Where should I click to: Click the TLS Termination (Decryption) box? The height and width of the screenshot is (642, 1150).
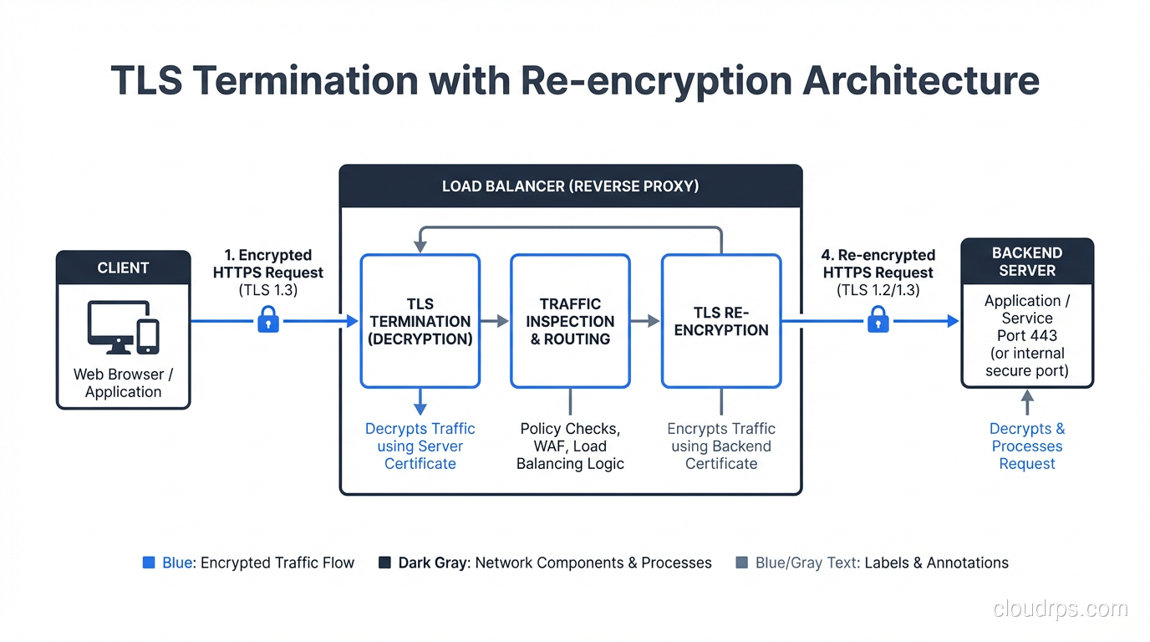pos(420,321)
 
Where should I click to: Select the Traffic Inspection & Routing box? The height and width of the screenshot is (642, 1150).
pos(570,321)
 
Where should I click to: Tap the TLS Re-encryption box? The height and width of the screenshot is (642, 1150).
pos(720,321)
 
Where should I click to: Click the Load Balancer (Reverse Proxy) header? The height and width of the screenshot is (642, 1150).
pos(570,186)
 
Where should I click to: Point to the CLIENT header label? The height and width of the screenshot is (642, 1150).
pos(123,267)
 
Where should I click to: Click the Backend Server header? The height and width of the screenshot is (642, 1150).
pos(1026,262)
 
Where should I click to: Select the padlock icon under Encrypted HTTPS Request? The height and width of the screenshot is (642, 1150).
pos(267,319)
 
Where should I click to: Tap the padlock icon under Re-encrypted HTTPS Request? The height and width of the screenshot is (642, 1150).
pos(878,319)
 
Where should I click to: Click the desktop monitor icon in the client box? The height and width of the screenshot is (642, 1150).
pos(117,327)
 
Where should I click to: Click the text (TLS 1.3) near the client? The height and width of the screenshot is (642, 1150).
pos(267,290)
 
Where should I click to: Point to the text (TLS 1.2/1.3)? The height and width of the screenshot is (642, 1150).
pos(878,290)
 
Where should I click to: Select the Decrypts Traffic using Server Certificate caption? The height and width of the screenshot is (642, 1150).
pos(420,446)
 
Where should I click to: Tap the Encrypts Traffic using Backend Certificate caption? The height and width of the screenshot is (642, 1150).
pos(720,446)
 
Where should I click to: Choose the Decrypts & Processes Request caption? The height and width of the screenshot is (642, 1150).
pos(1026,446)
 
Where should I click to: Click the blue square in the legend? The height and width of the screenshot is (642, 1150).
pos(149,563)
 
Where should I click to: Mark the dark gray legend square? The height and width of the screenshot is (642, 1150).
pos(384,563)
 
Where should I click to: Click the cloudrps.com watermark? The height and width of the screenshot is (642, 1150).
pos(1060,609)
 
